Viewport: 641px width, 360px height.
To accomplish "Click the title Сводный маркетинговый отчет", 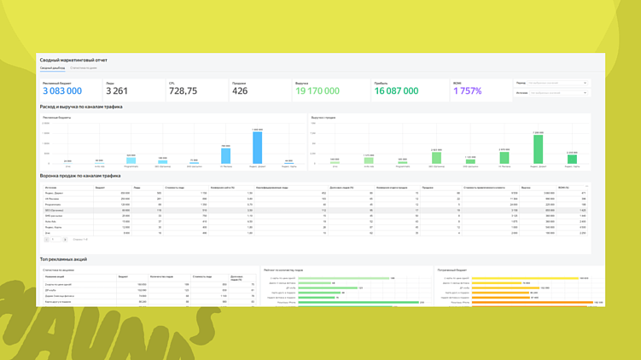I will [x=73, y=60].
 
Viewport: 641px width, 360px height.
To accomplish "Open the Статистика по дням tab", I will [x=83, y=68].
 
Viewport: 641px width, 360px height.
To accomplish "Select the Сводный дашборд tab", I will [x=52, y=68].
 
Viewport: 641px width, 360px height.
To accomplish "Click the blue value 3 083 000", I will [x=62, y=90].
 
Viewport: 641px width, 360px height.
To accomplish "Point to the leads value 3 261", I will [x=117, y=90].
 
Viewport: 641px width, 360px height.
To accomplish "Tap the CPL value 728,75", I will [x=183, y=90].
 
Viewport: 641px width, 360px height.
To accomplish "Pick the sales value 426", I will [x=240, y=90].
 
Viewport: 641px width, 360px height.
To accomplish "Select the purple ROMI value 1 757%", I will [x=468, y=90].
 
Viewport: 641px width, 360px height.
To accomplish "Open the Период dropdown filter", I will [x=557, y=83].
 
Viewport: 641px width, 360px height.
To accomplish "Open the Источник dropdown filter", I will [x=557, y=92].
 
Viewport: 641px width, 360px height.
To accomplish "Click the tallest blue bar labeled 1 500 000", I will [x=257, y=148].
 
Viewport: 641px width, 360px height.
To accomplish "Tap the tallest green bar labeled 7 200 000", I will [x=538, y=148].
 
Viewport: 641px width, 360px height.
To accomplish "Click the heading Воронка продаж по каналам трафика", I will [x=80, y=176].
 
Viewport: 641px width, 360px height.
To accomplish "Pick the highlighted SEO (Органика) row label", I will [x=53, y=210].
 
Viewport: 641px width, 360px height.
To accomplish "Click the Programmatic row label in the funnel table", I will [x=52, y=205].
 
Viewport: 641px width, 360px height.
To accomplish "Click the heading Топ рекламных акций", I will [x=63, y=258].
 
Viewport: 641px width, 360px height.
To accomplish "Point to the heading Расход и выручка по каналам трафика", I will [x=81, y=107].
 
